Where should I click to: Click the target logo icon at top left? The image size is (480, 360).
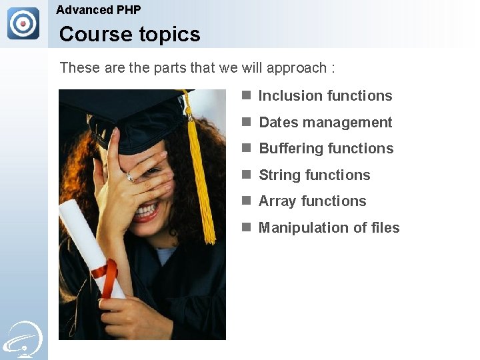click(x=23, y=24)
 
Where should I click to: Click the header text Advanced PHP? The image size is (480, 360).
click(x=99, y=10)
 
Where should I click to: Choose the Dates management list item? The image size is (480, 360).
click(x=325, y=123)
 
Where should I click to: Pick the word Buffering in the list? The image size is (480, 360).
click(x=291, y=149)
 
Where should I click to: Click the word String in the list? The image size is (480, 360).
click(x=277, y=175)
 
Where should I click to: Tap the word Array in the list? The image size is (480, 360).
click(x=277, y=201)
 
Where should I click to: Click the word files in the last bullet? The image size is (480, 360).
click(x=385, y=228)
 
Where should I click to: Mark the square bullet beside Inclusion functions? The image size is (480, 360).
click(x=246, y=95)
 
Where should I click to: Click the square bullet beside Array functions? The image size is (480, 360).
click(x=246, y=201)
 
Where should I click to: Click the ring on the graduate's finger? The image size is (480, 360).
click(x=131, y=176)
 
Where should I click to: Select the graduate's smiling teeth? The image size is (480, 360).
click(x=147, y=211)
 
